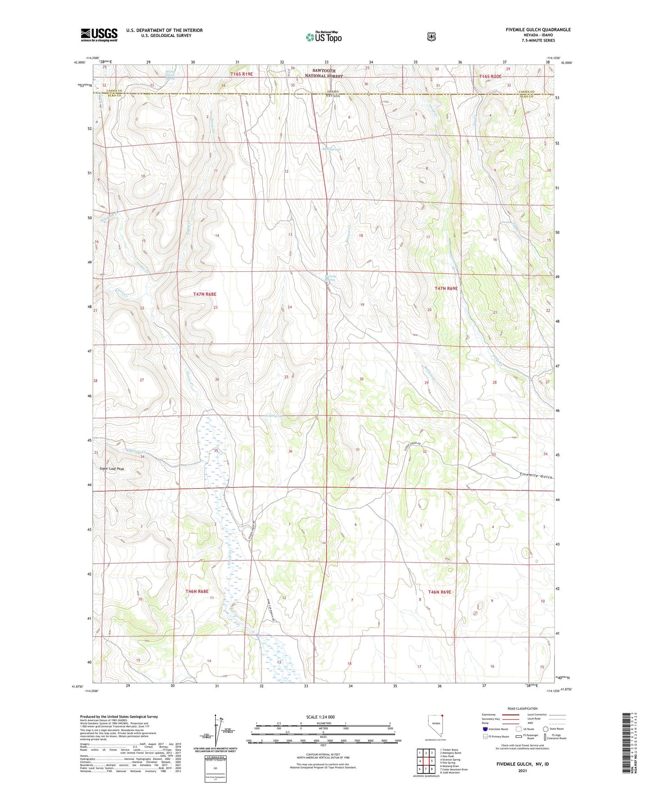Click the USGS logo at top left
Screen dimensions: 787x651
99,35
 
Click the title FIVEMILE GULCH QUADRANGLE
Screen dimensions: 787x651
538,30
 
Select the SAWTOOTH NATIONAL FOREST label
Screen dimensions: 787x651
328,73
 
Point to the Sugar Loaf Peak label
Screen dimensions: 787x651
112,469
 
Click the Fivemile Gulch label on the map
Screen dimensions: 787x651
535,475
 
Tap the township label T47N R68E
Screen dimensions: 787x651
205,294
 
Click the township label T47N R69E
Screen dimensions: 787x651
446,288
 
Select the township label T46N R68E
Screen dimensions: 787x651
197,591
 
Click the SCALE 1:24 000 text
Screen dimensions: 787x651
320,717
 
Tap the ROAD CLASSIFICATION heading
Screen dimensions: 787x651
522,709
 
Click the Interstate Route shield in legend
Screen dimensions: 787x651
485,728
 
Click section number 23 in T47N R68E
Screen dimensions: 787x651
215,307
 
